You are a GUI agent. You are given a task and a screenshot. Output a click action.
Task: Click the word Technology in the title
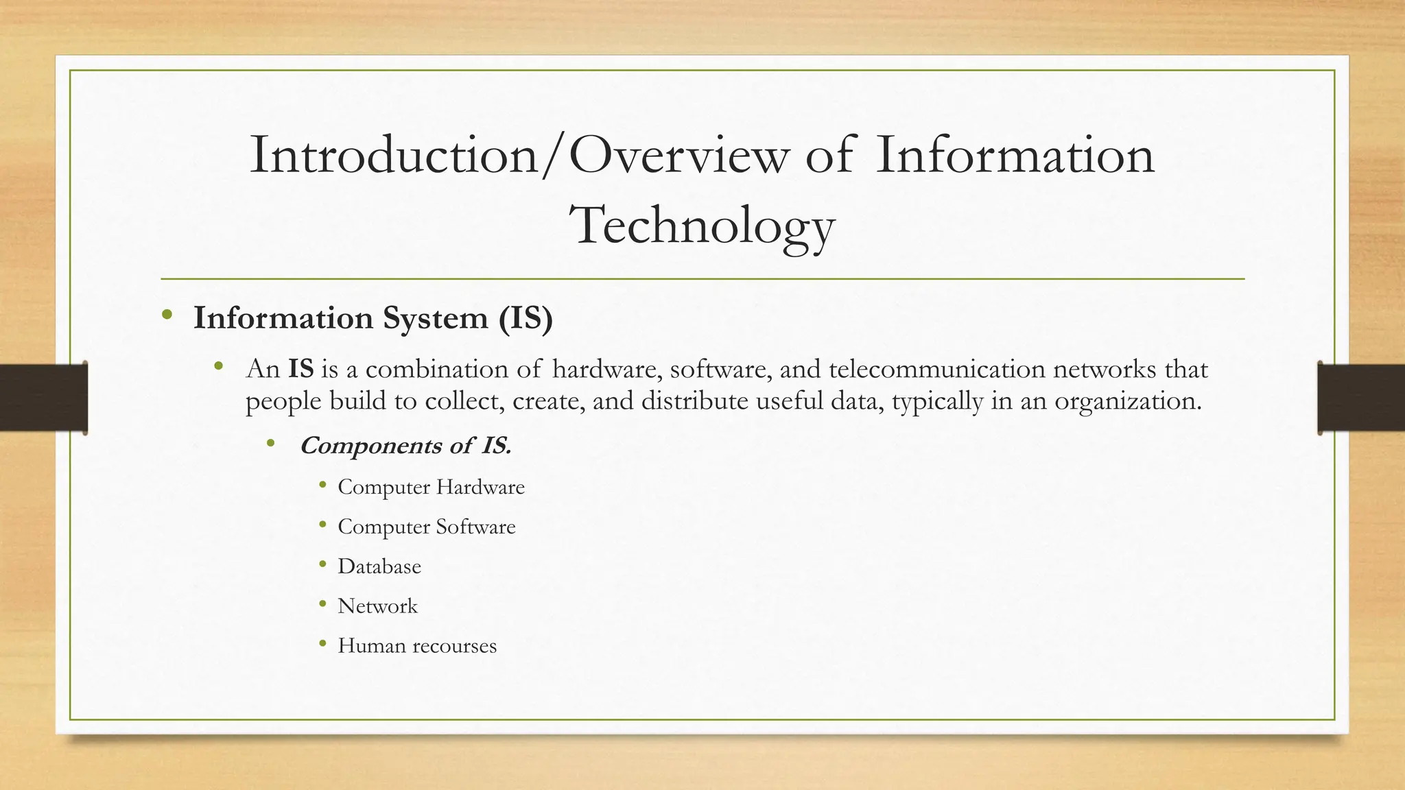(702, 226)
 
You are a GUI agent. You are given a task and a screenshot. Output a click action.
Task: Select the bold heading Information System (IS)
(373, 318)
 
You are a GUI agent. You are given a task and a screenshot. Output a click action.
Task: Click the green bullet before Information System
(167, 316)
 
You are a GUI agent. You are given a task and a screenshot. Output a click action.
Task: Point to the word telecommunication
(936, 370)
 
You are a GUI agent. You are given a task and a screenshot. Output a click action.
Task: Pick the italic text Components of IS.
(405, 446)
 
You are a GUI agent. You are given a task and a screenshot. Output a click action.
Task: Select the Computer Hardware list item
(431, 488)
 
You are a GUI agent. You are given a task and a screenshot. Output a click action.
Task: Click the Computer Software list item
(426, 527)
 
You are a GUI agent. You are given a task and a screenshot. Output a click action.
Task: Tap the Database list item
(379, 567)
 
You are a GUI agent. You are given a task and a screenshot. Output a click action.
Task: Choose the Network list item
(377, 606)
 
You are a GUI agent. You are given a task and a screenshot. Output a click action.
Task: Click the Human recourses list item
(416, 646)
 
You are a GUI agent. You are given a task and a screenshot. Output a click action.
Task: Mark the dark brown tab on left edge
(43, 398)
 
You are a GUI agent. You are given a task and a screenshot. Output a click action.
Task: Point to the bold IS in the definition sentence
(300, 370)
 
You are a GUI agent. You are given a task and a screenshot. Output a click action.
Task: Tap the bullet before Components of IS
(271, 444)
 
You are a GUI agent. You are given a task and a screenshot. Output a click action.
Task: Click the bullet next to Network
(322, 605)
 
